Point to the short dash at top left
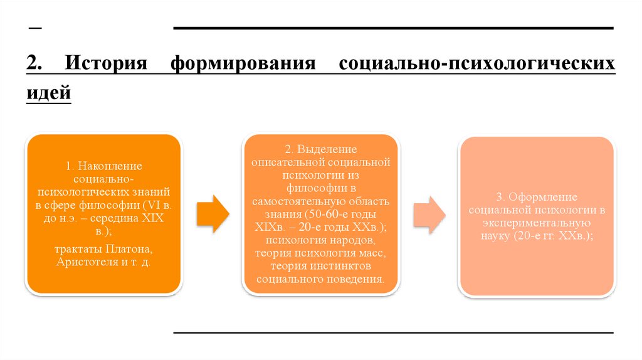pyautogui.click(x=34, y=29)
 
